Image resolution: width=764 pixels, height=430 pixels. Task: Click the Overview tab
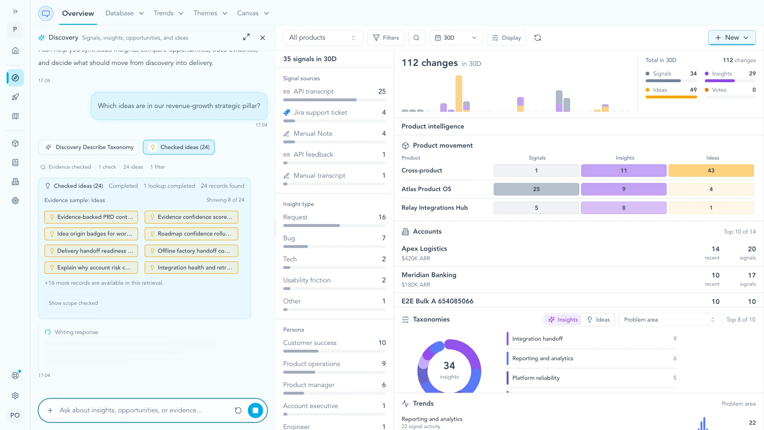[x=78, y=13]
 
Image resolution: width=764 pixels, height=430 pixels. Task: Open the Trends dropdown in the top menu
[x=168, y=13]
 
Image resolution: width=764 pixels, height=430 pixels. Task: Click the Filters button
[x=386, y=38]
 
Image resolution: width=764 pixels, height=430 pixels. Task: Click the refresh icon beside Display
[x=538, y=38]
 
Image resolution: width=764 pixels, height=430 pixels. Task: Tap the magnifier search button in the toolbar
[x=416, y=38]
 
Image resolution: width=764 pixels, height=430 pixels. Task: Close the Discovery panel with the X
[x=263, y=38]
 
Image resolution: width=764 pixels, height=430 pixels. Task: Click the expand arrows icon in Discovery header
[x=246, y=37]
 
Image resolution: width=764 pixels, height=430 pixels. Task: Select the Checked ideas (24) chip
[x=179, y=147]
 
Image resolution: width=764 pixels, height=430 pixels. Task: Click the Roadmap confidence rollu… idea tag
[x=191, y=234]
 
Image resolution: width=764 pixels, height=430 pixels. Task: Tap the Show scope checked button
[x=73, y=303]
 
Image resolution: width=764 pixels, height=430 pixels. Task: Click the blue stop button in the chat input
[x=255, y=410]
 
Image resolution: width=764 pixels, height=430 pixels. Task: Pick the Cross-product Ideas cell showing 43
[x=711, y=170]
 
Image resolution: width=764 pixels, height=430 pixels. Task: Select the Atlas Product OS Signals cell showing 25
[x=536, y=189]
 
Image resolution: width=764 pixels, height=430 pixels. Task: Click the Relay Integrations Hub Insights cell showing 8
[x=624, y=208]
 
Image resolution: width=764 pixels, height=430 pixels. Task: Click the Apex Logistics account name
[x=424, y=249]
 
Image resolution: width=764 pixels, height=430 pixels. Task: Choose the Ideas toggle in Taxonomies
[x=598, y=319]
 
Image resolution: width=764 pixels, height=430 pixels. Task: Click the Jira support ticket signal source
[x=320, y=112]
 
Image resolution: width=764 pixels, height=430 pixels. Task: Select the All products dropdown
[x=323, y=38]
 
